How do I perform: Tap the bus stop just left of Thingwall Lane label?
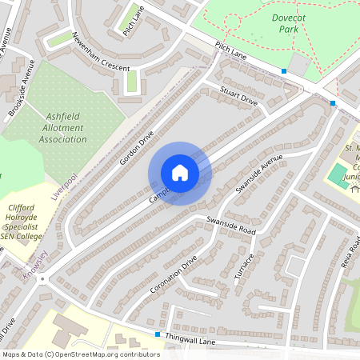158,334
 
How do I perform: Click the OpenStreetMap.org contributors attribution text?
113,354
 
